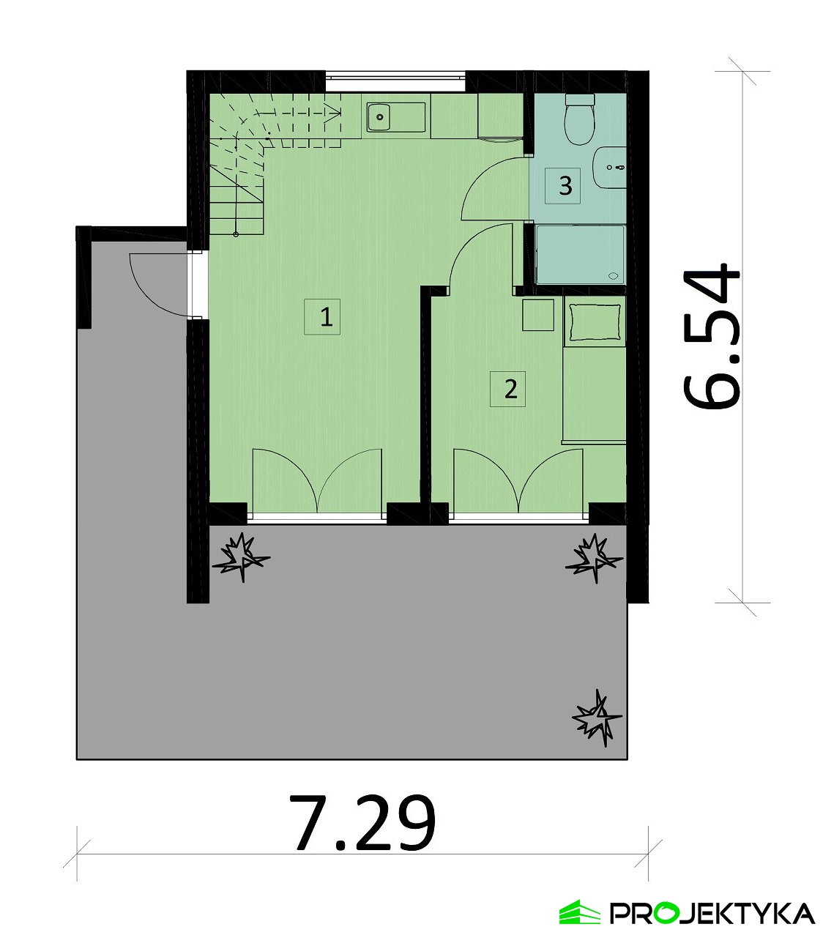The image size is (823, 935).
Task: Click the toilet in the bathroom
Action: pos(580,119)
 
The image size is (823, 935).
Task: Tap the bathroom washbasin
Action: pos(610,167)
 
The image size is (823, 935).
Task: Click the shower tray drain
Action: pos(614,276)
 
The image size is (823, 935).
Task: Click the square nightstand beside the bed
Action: pos(537,315)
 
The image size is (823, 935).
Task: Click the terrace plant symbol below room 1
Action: pos(239,558)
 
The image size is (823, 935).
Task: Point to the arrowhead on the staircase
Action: pos(333,112)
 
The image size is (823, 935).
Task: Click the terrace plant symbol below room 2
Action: pos(594,559)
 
